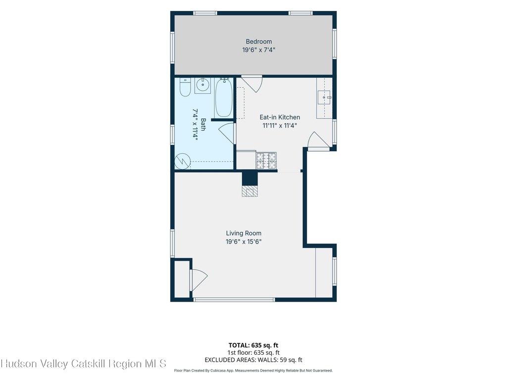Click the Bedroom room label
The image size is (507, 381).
coord(258,42)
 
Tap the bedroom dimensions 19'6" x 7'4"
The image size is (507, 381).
coord(258,50)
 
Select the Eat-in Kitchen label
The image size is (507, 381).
coord(280,117)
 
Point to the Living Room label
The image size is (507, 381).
coord(244,233)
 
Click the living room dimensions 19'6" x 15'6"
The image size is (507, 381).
coord(244,242)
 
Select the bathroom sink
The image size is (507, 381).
coord(203,85)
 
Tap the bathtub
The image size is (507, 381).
coord(224,98)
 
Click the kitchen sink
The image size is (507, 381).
coord(324,98)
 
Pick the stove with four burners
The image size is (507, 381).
coord(266,160)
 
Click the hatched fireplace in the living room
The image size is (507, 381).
coord(250,191)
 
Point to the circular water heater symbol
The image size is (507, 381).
coord(182,161)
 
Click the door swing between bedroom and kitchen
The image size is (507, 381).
coord(252,83)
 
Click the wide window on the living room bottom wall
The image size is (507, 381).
coord(234,300)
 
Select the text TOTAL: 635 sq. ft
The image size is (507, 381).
coord(253,345)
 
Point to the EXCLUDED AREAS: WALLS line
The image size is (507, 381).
coord(253,360)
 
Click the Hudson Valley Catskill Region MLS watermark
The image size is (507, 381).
coord(83,364)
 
